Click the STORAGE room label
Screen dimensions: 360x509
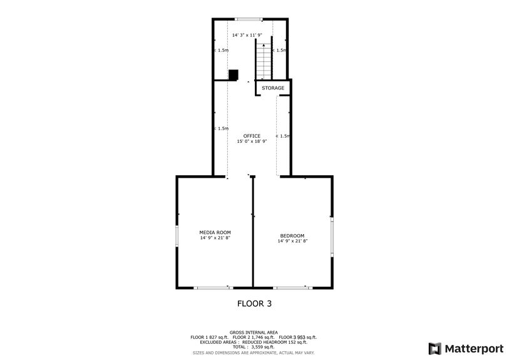coord(273,88)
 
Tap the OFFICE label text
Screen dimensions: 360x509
coord(252,136)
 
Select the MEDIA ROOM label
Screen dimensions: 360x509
coord(215,232)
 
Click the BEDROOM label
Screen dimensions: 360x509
coord(292,235)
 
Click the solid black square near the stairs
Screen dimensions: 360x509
coord(234,75)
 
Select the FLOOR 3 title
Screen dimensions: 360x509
coord(254,304)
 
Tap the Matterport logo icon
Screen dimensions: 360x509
coord(433,347)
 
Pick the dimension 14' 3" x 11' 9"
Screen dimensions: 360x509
coord(247,35)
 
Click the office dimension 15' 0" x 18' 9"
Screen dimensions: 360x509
coord(252,141)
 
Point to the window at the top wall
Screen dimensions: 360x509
coord(249,19)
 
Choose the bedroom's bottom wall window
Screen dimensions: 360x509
coord(292,287)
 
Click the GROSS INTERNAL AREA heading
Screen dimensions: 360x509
coord(254,332)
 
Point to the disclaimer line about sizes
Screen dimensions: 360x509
coord(254,352)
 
